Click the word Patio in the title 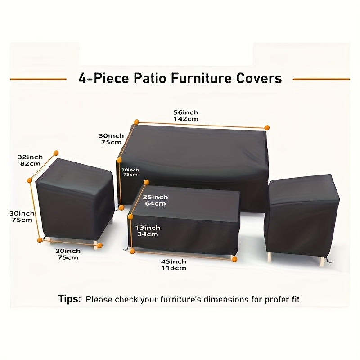pos(150,79)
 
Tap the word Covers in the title pos(259,79)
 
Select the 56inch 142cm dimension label pos(186,116)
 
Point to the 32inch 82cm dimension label pos(30,160)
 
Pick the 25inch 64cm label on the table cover pos(155,200)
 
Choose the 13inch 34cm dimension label pos(148,231)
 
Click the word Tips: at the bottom pos(70,299)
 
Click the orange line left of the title pos(38,79)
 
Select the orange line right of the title pos(321,79)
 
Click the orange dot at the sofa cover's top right pos(267,128)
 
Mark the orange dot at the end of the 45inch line pos(234,259)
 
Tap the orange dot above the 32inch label pos(56,153)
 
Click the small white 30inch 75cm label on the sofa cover pos(130,172)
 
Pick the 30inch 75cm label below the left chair pos(67,254)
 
